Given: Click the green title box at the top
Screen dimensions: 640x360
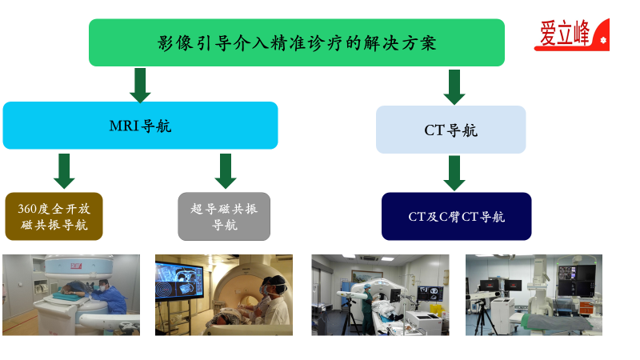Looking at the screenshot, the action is (297, 42).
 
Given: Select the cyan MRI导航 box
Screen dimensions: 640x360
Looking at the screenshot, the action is (141, 126).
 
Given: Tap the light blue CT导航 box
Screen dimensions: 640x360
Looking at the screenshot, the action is (451, 130).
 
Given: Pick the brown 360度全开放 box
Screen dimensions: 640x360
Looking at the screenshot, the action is (54, 216).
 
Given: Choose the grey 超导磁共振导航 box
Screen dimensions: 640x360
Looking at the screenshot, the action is (224, 216).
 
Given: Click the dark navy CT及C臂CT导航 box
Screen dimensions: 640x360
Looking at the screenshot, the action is (456, 216).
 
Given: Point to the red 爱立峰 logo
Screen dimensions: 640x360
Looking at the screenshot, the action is (572, 34).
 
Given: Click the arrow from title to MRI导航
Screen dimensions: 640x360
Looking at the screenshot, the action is (141, 86).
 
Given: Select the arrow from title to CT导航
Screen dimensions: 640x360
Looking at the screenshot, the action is (454, 87).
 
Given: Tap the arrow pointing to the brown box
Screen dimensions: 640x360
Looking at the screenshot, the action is (64, 171).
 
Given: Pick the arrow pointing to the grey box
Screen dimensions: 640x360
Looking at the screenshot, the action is (226, 171).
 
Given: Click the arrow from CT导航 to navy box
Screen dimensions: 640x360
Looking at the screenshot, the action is (454, 173).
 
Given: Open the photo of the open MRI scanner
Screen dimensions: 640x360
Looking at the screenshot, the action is (71, 295).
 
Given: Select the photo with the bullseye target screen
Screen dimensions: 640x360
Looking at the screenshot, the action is (224, 295).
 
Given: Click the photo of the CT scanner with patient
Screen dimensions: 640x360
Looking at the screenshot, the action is (381, 295).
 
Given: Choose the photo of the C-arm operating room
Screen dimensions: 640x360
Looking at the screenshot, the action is (534, 295).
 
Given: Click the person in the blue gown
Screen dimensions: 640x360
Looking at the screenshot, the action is (108, 297).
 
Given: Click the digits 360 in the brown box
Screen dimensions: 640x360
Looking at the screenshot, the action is (27, 209).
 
